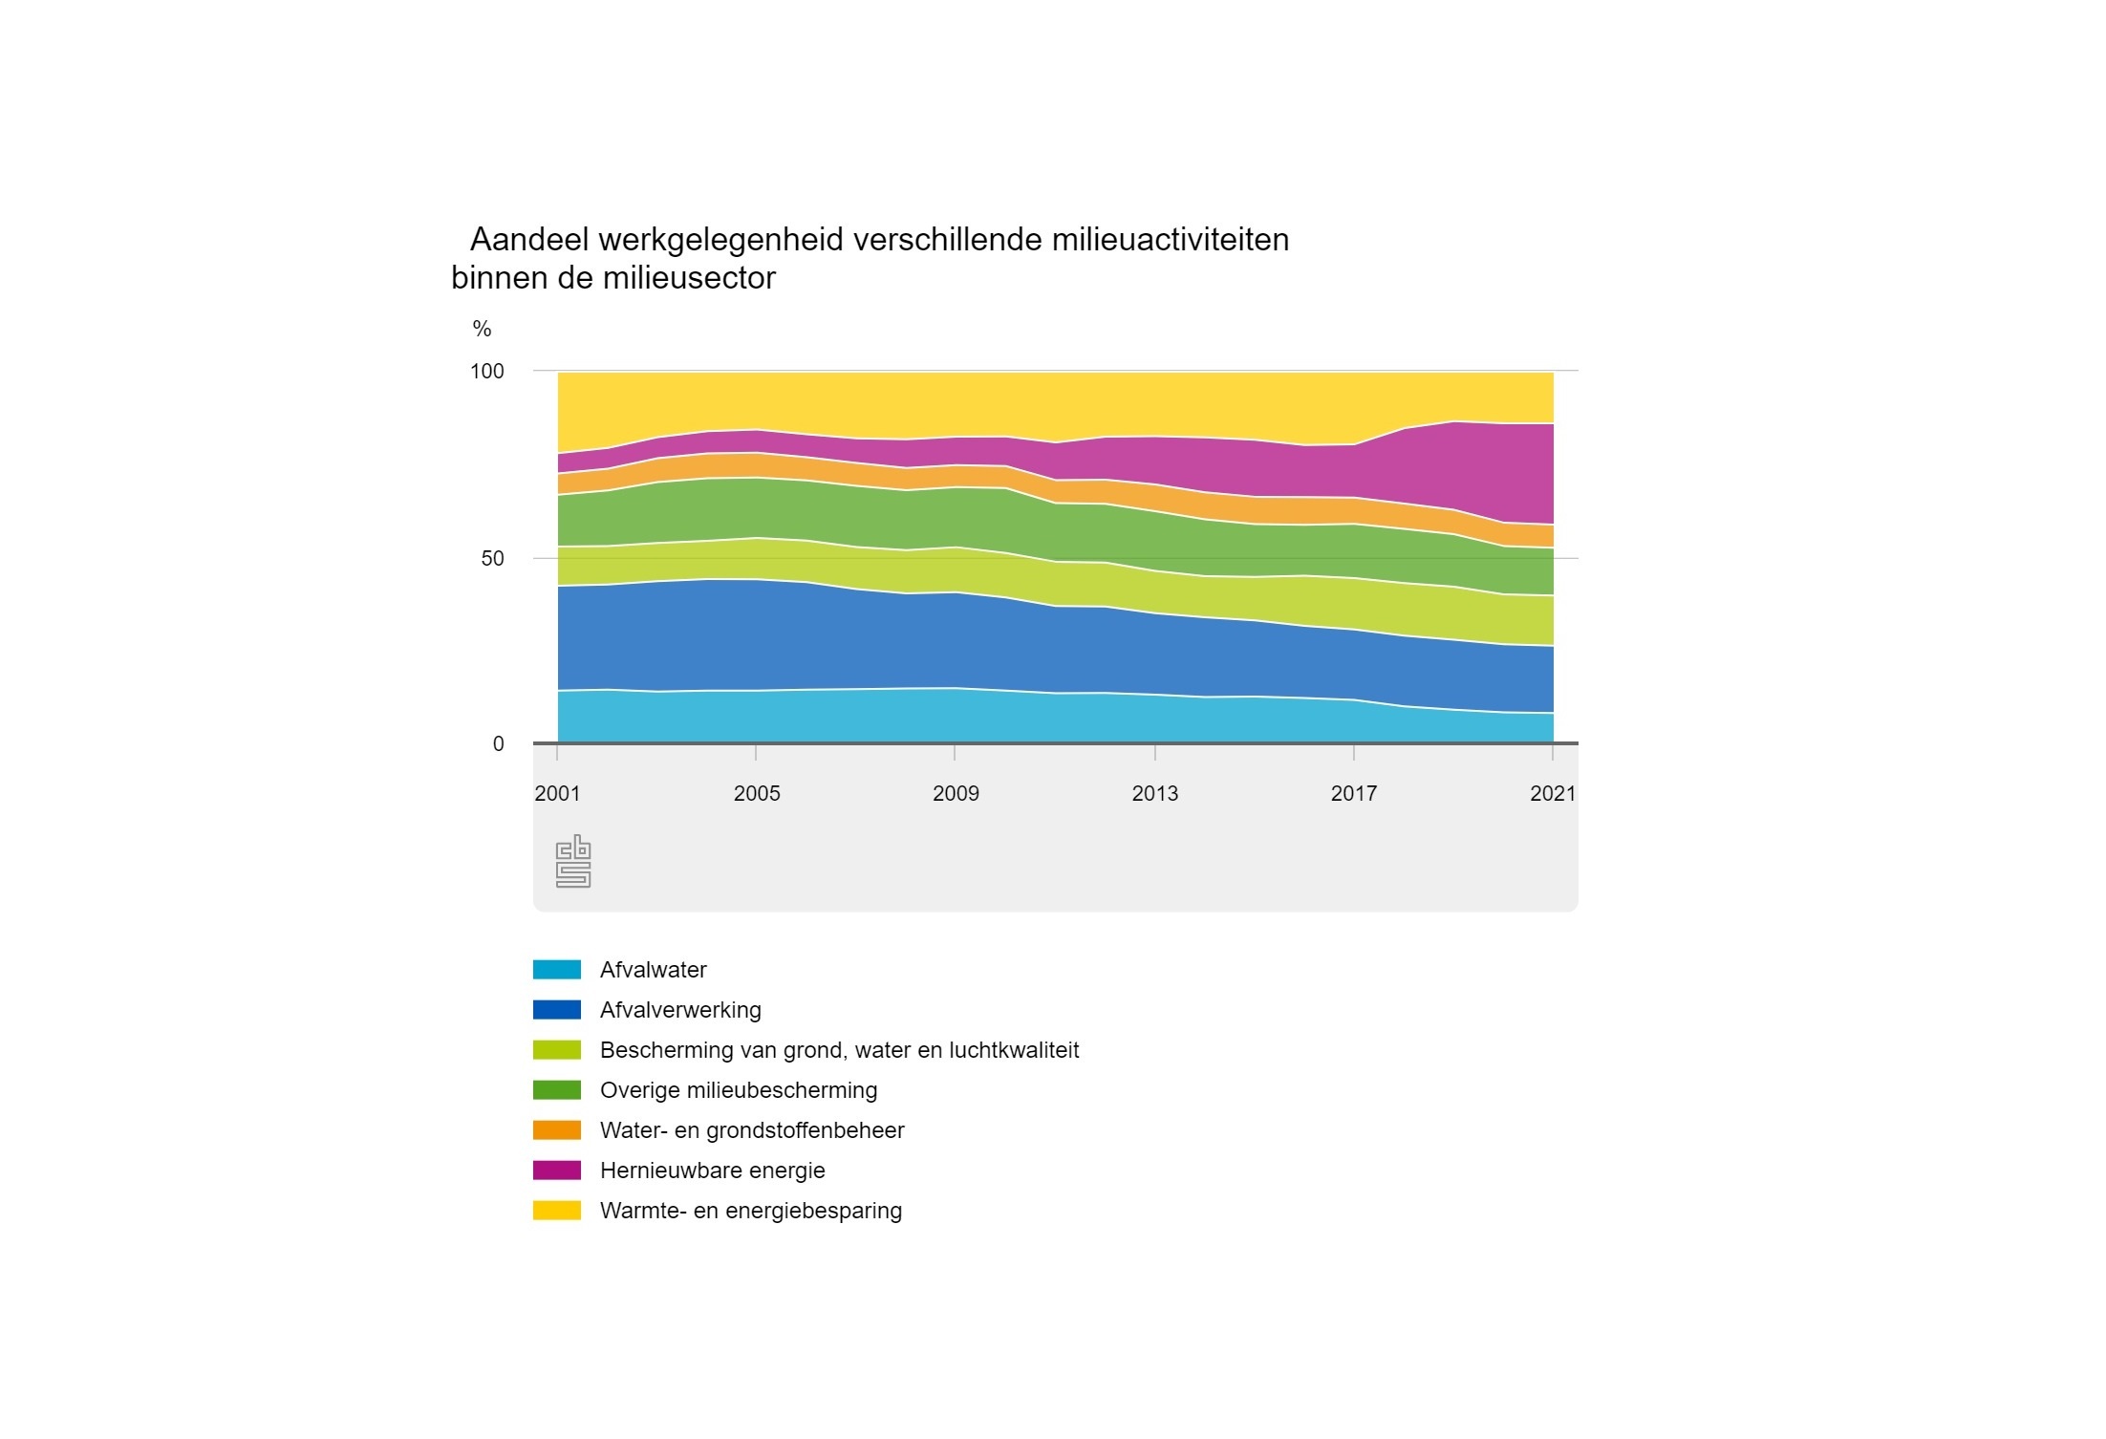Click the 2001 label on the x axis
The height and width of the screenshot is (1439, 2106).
tap(557, 793)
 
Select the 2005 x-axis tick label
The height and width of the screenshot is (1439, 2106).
tap(757, 793)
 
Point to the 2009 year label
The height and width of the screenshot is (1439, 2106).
tap(956, 793)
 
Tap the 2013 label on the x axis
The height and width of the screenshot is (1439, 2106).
tap(1155, 793)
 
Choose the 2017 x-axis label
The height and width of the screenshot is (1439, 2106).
tap(1354, 793)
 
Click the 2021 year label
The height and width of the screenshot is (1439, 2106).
tap(1553, 793)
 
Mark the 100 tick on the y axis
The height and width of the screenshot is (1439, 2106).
tap(487, 371)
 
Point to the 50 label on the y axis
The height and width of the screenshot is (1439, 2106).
tap(492, 558)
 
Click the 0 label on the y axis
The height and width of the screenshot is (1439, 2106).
tap(498, 744)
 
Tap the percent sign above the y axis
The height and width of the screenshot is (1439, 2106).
tap(482, 329)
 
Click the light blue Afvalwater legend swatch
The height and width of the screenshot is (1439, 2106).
tap(557, 970)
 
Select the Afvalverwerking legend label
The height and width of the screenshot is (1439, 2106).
tap(680, 1010)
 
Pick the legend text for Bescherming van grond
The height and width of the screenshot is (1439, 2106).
tap(839, 1050)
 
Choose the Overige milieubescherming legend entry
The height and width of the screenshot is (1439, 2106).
tap(739, 1090)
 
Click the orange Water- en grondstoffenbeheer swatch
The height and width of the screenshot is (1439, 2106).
tap(557, 1130)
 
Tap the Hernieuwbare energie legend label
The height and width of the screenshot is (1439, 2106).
tap(712, 1171)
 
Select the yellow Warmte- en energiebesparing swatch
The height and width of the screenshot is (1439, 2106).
tap(557, 1211)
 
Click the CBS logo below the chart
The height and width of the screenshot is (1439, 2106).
tap(573, 861)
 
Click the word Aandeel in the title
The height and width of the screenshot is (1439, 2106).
tap(528, 239)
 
